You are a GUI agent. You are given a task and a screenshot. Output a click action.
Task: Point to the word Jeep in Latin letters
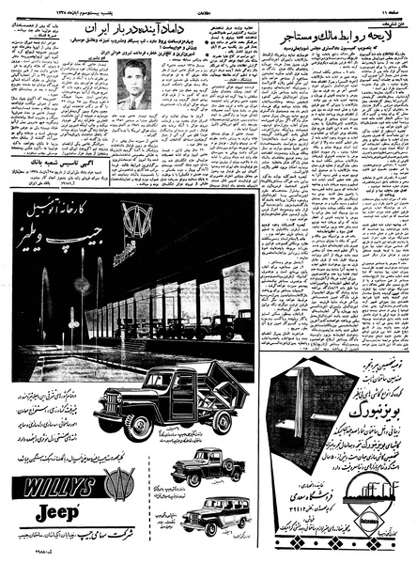[57, 513]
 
